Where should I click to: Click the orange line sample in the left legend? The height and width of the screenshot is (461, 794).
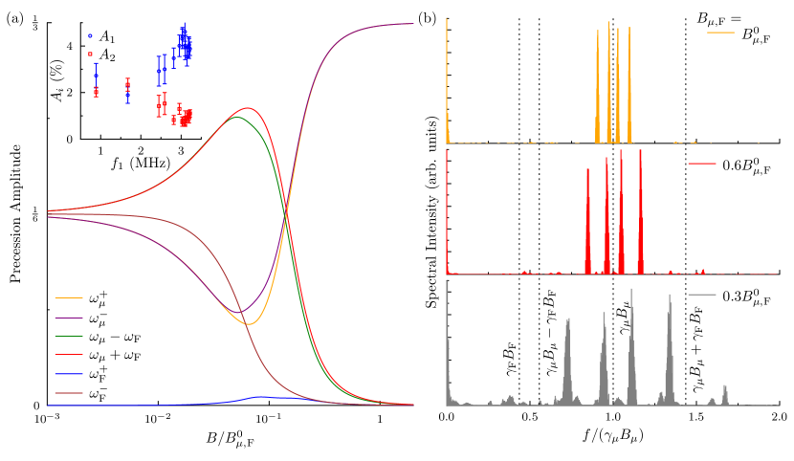pos(69,297)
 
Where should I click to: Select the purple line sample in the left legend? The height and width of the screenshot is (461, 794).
pos(69,318)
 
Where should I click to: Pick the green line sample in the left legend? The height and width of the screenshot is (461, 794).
pos(69,336)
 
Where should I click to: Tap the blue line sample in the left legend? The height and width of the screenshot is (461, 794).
pos(69,374)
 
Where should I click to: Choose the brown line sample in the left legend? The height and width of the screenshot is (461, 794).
pos(69,393)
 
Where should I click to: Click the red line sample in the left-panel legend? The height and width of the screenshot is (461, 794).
pos(69,354)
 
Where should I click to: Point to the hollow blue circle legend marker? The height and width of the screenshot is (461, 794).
pos(90,35)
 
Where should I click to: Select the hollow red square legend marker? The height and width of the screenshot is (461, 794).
pos(90,55)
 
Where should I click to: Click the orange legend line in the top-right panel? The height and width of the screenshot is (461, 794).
pos(720,33)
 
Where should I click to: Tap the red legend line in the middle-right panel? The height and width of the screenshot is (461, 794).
pos(701,164)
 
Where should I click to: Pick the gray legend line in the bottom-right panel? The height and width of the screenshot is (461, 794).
pos(701,295)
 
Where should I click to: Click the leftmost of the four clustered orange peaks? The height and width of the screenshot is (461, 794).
pos(598,33)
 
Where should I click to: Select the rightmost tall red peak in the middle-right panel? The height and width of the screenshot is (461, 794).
pos(641,153)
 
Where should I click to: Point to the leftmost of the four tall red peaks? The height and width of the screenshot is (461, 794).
pos(587,170)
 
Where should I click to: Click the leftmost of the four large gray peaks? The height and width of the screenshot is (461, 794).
pos(567,320)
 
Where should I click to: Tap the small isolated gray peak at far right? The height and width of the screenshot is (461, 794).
pos(725,386)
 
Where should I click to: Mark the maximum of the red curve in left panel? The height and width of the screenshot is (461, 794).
pos(248,108)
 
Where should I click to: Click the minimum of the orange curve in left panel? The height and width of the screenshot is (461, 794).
pos(249,324)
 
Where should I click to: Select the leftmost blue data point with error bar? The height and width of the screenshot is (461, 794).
pos(96,76)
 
